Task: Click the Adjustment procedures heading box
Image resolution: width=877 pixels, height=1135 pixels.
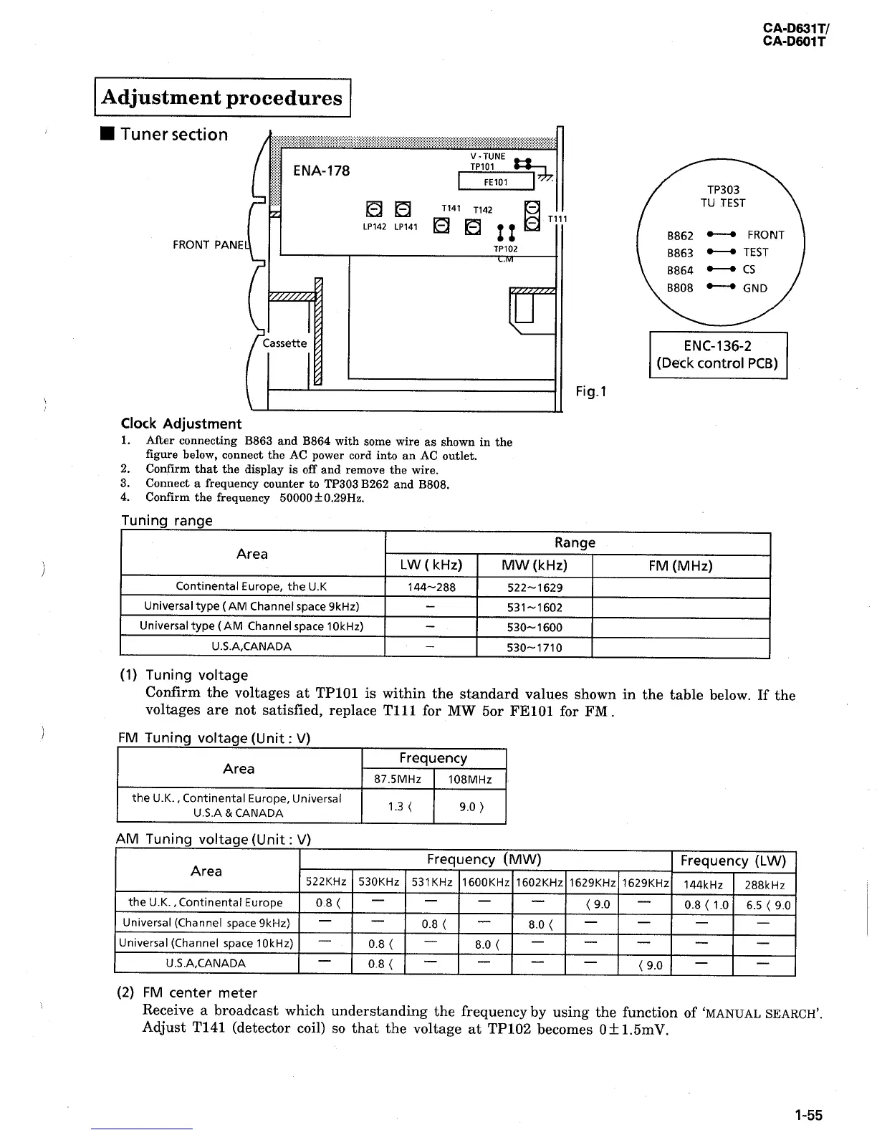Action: [x=222, y=97]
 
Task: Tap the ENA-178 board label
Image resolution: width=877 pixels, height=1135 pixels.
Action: [x=322, y=171]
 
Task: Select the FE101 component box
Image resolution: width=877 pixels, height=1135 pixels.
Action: [x=495, y=182]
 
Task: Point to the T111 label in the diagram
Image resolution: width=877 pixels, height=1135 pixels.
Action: [x=557, y=219]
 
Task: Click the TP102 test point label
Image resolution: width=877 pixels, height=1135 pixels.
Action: [x=505, y=249]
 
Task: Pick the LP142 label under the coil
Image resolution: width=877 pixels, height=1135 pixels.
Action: [x=374, y=226]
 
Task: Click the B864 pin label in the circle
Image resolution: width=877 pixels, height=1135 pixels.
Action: [x=680, y=270]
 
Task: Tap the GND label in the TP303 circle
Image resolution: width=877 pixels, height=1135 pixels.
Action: [x=755, y=288]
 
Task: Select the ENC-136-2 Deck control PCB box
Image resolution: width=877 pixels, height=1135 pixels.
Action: [x=718, y=354]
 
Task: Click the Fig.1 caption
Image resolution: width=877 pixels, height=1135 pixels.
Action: [x=591, y=391]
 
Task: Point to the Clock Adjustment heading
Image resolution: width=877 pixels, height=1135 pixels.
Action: [x=181, y=423]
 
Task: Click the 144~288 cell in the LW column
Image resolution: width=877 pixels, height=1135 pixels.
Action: [x=431, y=588]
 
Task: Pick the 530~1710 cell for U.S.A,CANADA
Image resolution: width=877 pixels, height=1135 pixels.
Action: [x=535, y=648]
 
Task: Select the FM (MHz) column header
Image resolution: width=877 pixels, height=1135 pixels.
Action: [x=680, y=566]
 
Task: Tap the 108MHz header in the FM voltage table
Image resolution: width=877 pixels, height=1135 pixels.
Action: [x=469, y=779]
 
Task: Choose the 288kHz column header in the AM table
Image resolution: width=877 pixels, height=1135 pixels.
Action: [x=765, y=885]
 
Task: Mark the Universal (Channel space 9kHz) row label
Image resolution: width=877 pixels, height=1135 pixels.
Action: [x=206, y=923]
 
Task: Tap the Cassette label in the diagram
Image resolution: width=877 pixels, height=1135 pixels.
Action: [x=284, y=343]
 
